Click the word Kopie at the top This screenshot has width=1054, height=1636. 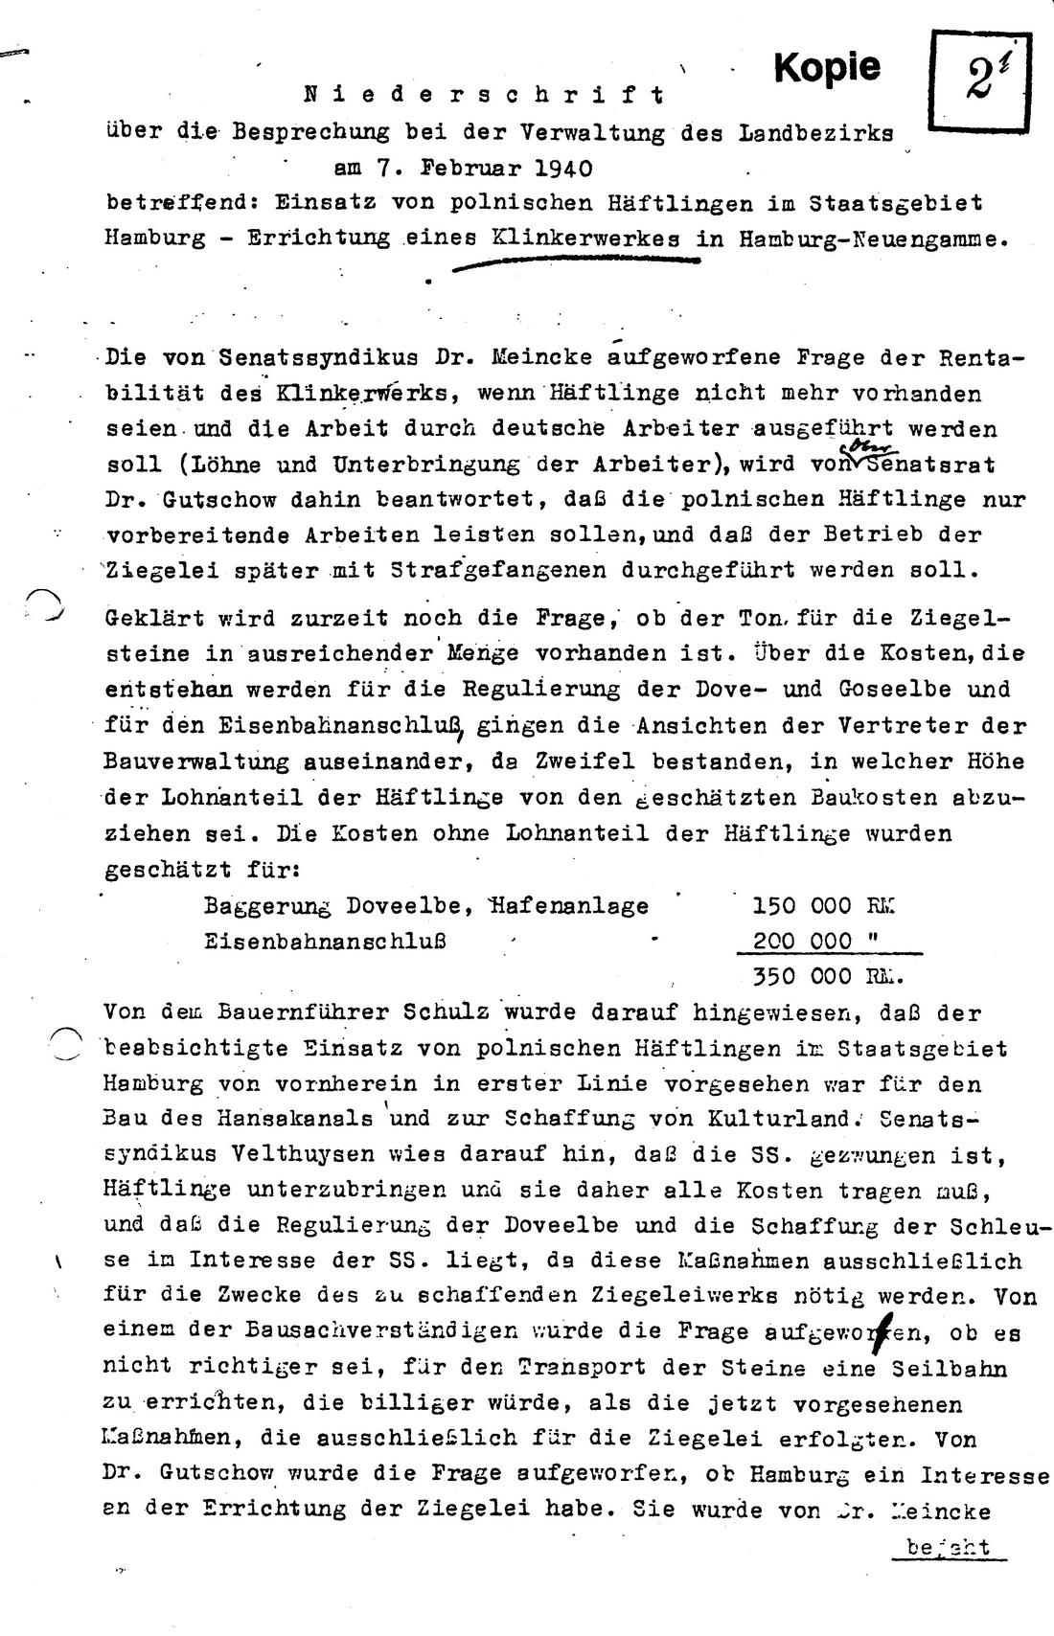tap(826, 66)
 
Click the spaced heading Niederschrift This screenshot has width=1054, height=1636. tap(484, 95)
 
